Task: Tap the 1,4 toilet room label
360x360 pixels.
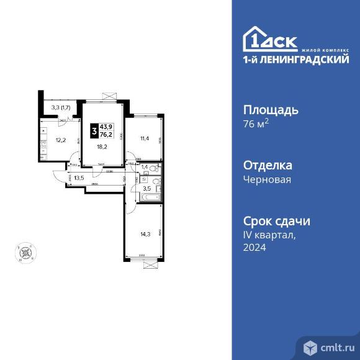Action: pyautogui.click(x=145, y=168)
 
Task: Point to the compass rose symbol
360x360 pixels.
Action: pyautogui.click(x=25, y=252)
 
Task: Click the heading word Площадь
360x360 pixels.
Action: pyautogui.click(x=270, y=110)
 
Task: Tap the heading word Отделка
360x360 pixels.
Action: pyautogui.click(x=268, y=166)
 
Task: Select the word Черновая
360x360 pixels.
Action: pyautogui.click(x=266, y=179)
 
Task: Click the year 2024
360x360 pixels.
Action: pyautogui.click(x=254, y=247)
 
